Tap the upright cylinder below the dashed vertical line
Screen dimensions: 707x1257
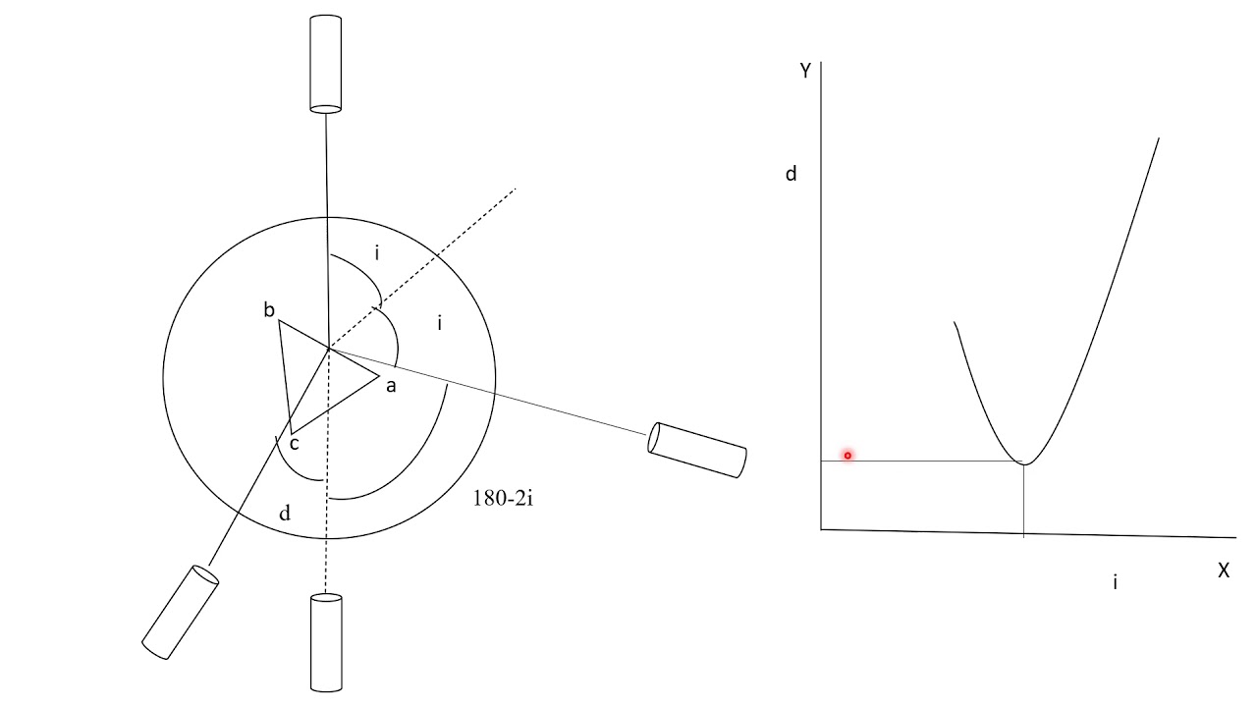click(x=325, y=642)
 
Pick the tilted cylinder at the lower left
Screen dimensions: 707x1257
click(x=181, y=611)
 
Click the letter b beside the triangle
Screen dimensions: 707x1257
click(x=268, y=311)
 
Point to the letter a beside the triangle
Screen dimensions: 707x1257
click(x=390, y=386)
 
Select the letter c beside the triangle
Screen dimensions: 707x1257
click(x=293, y=444)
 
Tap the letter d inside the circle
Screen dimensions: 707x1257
click(x=285, y=513)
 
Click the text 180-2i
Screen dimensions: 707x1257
click(x=503, y=499)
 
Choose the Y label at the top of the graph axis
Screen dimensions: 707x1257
click(x=805, y=71)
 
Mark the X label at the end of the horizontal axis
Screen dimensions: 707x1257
click(x=1224, y=571)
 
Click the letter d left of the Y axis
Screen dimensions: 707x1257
click(x=792, y=175)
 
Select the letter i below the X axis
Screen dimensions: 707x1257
click(x=1115, y=582)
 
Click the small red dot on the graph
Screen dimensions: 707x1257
click(x=847, y=456)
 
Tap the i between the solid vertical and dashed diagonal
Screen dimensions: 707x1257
click(x=376, y=253)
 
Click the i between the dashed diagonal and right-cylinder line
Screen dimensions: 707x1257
click(x=439, y=322)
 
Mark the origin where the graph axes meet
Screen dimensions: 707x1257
click(x=821, y=529)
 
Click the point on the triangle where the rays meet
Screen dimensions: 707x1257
click(x=328, y=348)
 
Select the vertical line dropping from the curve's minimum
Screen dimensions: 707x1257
click(x=1024, y=500)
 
